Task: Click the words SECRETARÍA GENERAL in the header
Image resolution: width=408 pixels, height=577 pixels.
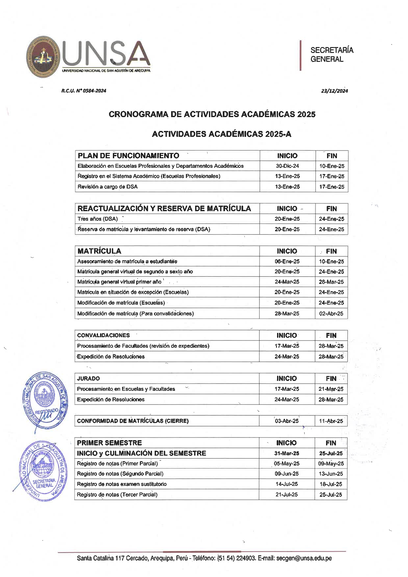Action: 331,55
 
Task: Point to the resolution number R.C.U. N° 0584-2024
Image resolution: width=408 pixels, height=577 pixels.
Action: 84,91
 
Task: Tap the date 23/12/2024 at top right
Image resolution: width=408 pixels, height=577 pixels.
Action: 334,91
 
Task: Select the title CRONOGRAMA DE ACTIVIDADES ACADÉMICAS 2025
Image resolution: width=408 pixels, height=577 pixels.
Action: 212,114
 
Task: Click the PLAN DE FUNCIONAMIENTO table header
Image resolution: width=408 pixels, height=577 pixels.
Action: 128,156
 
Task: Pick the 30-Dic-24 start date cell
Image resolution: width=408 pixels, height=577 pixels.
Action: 287,166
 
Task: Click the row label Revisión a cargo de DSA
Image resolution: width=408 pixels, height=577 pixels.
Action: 108,187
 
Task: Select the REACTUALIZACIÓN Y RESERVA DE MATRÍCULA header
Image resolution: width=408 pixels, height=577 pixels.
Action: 164,208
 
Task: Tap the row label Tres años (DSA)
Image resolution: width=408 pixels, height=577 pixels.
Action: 97,219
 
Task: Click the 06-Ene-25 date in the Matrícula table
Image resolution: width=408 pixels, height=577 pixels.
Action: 287,262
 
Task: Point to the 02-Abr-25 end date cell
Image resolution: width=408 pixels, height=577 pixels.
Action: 331,314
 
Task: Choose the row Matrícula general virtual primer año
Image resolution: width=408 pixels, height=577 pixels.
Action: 119,282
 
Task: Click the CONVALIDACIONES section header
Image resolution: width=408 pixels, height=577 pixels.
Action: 103,335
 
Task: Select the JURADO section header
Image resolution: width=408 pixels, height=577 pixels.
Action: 88,378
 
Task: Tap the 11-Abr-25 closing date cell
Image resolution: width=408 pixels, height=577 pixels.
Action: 331,421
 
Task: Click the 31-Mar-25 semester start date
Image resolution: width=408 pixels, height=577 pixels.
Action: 287,453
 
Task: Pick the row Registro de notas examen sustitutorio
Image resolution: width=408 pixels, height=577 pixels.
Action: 122,484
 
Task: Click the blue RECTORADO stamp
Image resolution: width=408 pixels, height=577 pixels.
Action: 45,402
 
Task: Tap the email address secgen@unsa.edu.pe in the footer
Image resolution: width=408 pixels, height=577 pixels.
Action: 304,558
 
